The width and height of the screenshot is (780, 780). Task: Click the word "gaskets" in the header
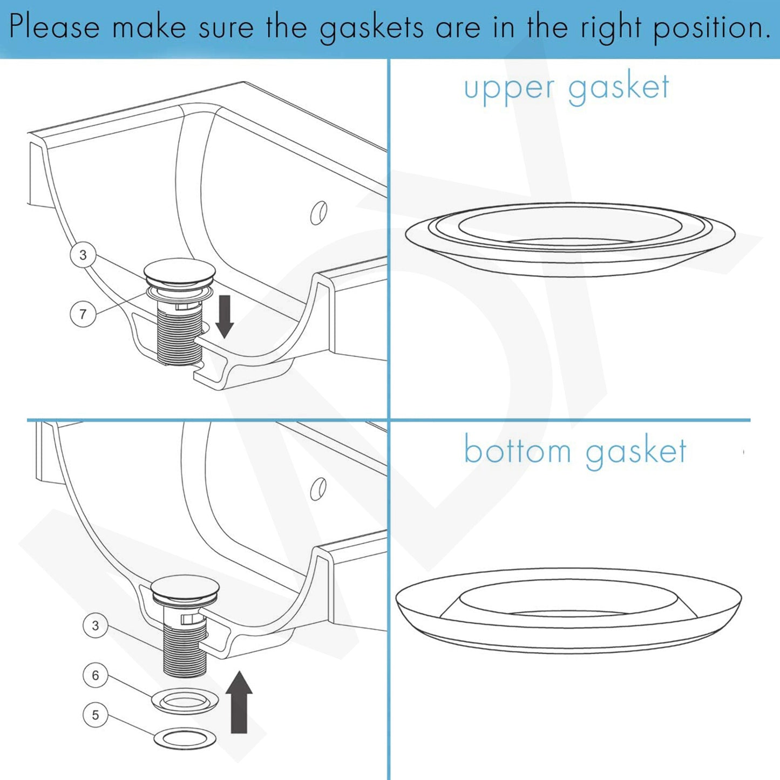[x=371, y=28]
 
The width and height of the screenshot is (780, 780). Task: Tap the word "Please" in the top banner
[x=55, y=27]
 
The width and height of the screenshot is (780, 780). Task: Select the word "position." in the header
[x=711, y=28]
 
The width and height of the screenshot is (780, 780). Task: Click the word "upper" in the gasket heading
[x=509, y=89]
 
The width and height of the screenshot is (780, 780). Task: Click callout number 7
[x=83, y=314]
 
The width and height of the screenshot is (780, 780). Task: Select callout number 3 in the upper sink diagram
[x=83, y=255]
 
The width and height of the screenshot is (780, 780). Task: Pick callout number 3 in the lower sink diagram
[x=96, y=626]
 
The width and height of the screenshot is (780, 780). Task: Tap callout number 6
[x=96, y=675]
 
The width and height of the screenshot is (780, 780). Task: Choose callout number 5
[x=96, y=715]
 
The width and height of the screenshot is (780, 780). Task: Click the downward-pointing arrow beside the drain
[x=225, y=316]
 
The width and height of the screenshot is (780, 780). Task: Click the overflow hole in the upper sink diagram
[x=318, y=213]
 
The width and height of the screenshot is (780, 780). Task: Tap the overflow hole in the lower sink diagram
[x=318, y=489]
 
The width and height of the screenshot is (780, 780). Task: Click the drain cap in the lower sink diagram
[x=185, y=587]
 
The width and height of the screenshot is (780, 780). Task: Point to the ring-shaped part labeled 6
[x=185, y=701]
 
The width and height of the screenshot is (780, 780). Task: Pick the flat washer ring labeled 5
[x=185, y=738]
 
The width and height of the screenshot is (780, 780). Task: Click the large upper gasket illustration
[x=569, y=240]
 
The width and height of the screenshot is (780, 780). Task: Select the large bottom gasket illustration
[x=568, y=610]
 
